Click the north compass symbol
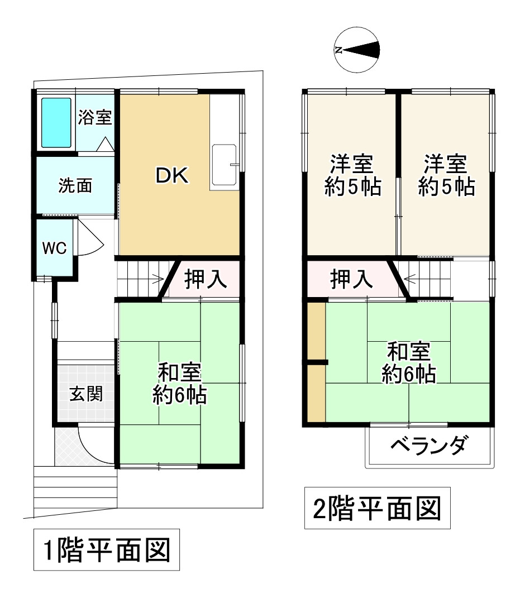(x=357, y=50)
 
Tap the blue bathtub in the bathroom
(x=56, y=123)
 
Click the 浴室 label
(x=95, y=117)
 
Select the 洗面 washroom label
(x=75, y=186)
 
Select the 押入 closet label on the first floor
(x=206, y=279)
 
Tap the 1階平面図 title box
(x=106, y=550)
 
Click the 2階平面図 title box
(x=378, y=509)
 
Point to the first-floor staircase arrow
(x=156, y=278)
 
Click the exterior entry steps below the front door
(x=75, y=489)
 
